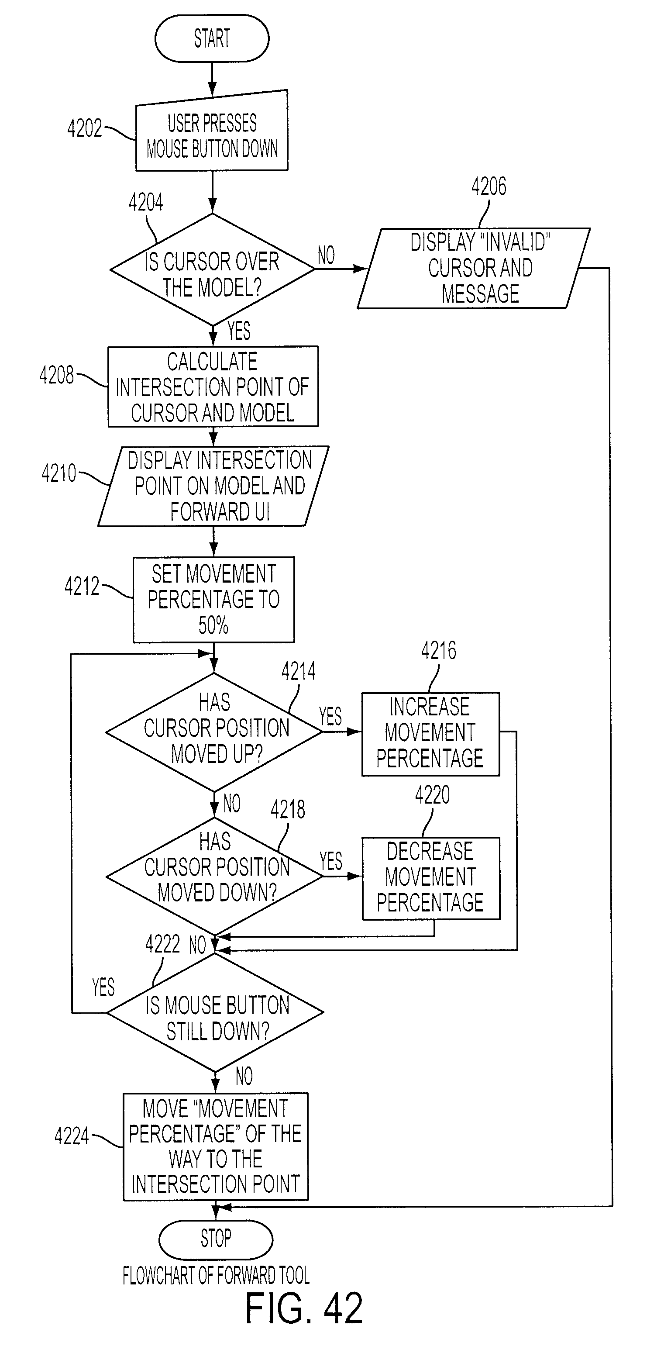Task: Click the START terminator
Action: coord(212,38)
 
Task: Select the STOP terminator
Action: coord(215,1239)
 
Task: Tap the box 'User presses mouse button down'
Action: coord(212,131)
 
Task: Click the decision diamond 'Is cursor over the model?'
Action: coord(212,269)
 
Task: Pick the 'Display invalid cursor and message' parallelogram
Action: coord(474,268)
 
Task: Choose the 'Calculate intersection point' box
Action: coord(213,387)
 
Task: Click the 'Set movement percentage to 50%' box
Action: coord(213,600)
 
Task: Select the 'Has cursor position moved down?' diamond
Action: coord(214,877)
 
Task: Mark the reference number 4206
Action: coord(489,186)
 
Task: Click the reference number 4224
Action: coord(72,1136)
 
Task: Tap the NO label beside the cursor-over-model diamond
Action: coord(326,255)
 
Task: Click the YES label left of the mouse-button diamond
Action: coord(103,987)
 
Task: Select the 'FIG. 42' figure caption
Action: coord(304,1308)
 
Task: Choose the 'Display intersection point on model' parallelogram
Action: coord(213,486)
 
